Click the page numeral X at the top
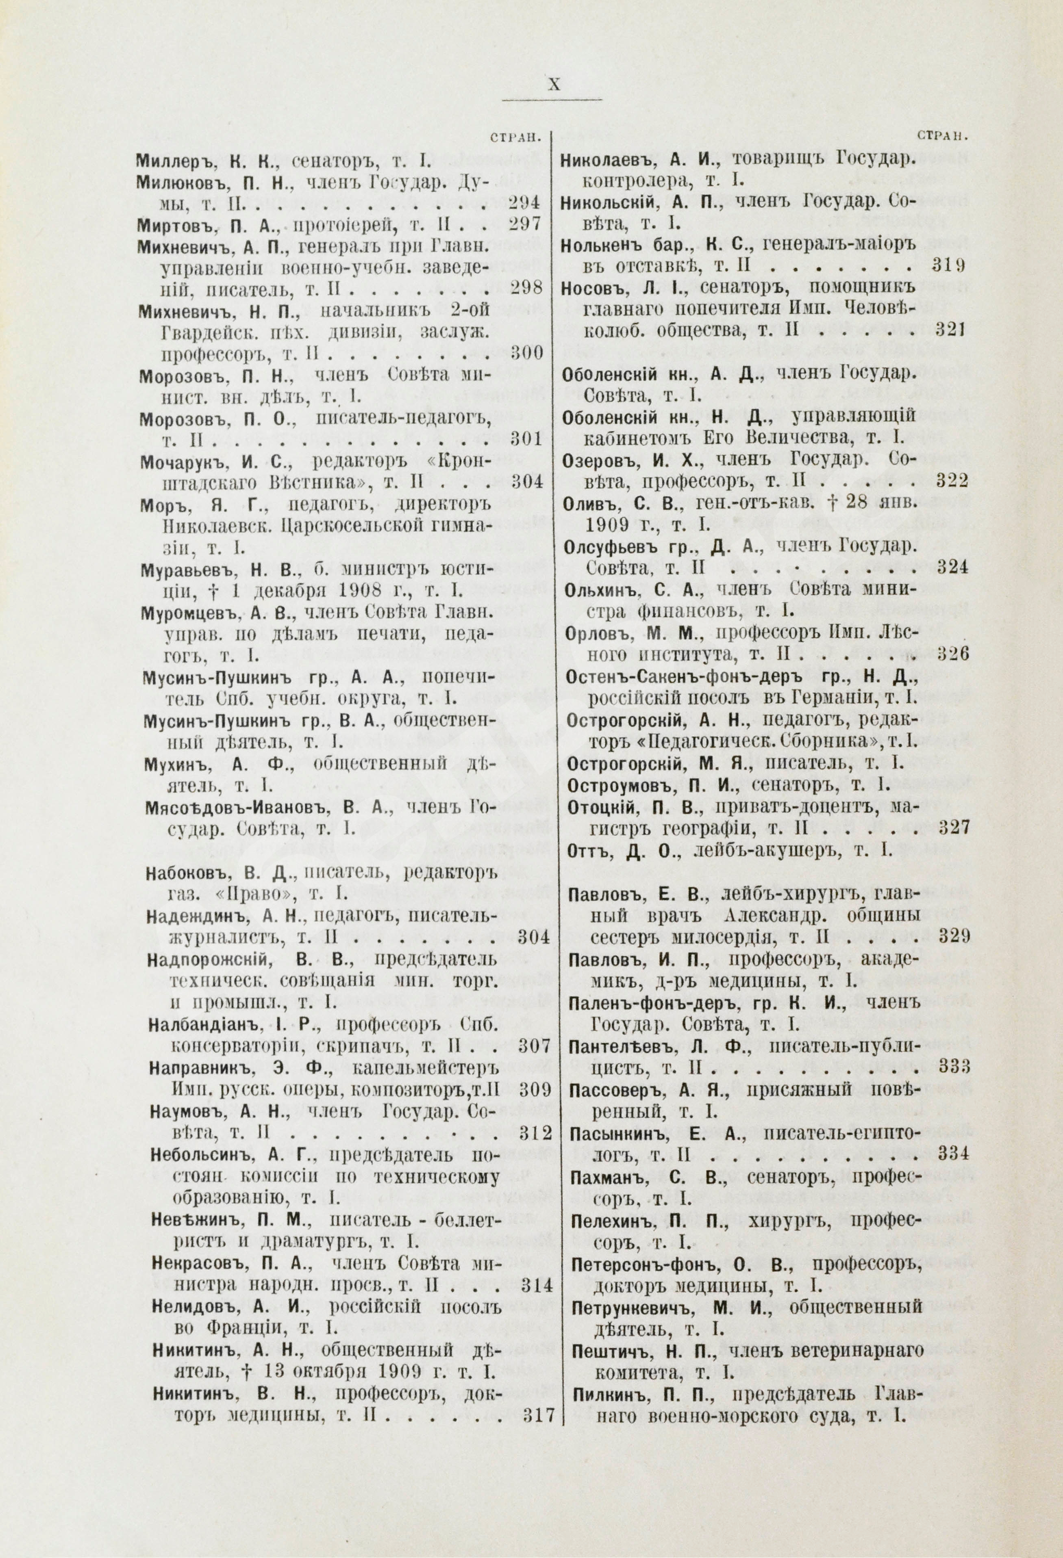[554, 85]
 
